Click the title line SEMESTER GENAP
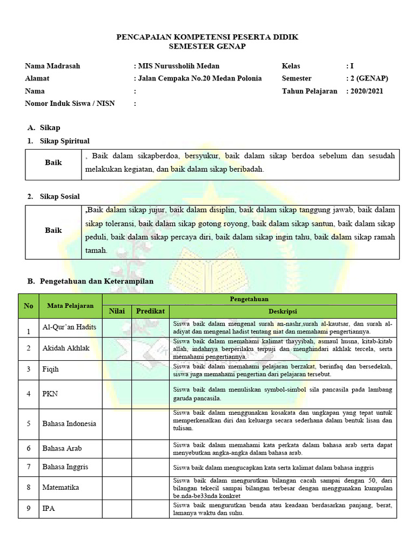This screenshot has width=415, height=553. click(x=207, y=47)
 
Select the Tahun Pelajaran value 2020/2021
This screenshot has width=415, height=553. click(x=366, y=91)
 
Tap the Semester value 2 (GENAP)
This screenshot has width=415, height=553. click(x=369, y=78)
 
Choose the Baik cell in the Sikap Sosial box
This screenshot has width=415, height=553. click(x=53, y=231)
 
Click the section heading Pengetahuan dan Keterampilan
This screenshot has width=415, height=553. click(x=97, y=281)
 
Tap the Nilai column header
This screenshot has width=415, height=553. click(x=117, y=312)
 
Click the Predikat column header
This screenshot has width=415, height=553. click(x=150, y=312)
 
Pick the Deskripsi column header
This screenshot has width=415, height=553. click(x=283, y=312)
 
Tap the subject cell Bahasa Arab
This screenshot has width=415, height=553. click(x=62, y=449)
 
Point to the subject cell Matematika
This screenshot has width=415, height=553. click(x=61, y=488)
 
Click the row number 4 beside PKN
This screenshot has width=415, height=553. click(x=29, y=394)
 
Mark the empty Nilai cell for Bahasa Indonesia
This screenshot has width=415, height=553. click(x=117, y=423)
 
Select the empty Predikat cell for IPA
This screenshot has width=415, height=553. click(x=150, y=509)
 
